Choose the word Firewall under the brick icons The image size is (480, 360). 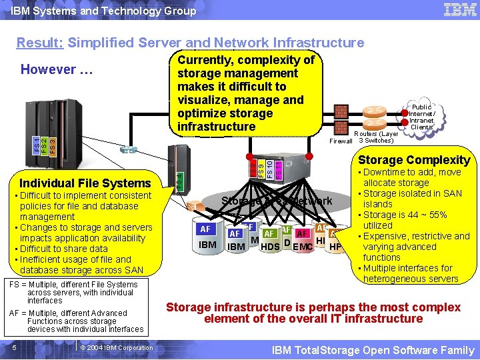coord(341,141)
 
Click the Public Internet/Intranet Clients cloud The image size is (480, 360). coord(421,117)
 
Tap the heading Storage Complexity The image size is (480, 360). coord(414,160)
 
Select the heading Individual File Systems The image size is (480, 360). coord(85,183)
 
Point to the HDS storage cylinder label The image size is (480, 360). coord(270,247)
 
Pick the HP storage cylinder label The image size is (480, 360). coord(336,246)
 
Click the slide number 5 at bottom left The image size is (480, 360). coord(13,347)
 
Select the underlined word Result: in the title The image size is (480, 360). coord(40,43)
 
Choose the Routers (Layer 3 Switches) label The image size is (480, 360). coord(378,137)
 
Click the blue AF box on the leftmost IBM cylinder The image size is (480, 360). coord(206,229)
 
